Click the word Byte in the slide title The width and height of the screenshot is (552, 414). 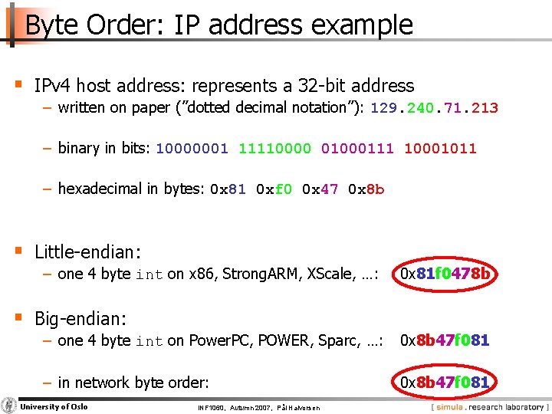pyautogui.click(x=51, y=25)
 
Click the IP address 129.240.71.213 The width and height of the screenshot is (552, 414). pyautogui.click(x=434, y=108)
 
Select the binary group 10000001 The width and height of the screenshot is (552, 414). pyautogui.click(x=192, y=149)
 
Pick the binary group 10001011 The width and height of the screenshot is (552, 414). pyautogui.click(x=440, y=149)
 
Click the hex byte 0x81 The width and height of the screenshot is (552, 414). pyautogui.click(x=228, y=189)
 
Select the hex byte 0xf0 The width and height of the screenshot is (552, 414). pyautogui.click(x=274, y=189)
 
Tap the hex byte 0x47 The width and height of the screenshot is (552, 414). pyautogui.click(x=320, y=189)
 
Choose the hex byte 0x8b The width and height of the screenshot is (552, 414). pyautogui.click(x=366, y=189)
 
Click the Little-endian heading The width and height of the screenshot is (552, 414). pyautogui.click(x=88, y=251)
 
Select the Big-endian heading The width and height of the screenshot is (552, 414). pyautogui.click(x=80, y=317)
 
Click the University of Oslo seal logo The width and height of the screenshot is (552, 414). pyautogui.click(x=9, y=406)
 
